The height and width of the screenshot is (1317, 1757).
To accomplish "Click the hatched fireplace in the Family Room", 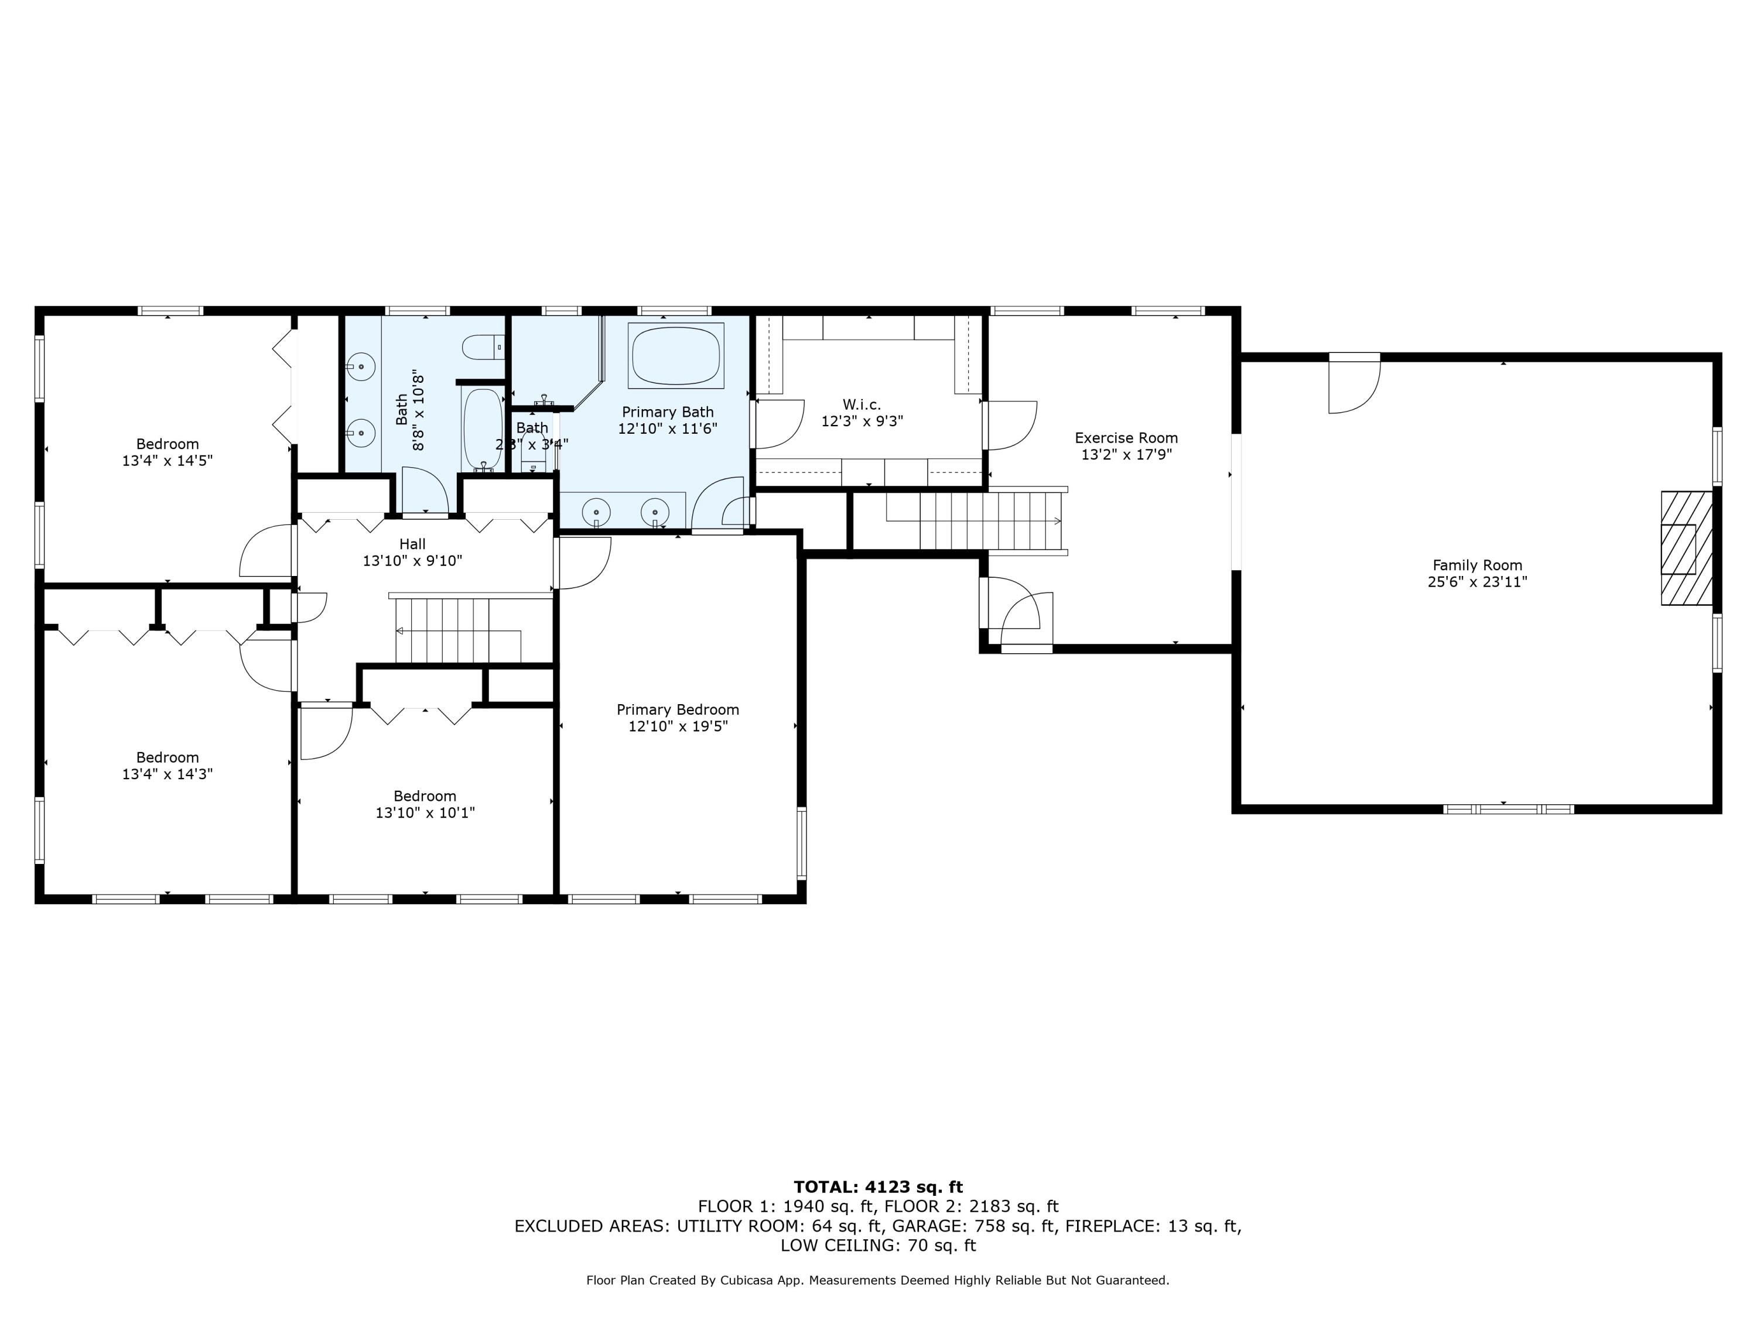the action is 1686,548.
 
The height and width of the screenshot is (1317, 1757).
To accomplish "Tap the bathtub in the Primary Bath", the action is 676,356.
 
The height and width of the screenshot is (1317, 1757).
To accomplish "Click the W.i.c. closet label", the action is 862,405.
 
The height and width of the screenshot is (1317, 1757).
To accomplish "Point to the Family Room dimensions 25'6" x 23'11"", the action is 1478,582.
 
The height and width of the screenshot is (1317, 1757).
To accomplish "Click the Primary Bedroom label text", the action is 678,709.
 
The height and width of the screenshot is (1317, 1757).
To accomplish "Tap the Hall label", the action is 412,544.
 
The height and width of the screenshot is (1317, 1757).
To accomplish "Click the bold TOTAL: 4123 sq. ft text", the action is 878,1187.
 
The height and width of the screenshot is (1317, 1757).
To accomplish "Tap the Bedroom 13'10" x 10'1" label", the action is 425,804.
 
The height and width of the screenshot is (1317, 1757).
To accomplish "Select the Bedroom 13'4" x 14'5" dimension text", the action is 168,461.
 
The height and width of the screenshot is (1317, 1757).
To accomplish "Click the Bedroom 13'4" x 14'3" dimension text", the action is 168,774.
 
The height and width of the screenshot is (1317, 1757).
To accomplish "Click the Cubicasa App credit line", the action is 878,1281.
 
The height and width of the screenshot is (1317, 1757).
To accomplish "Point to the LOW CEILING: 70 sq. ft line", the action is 878,1246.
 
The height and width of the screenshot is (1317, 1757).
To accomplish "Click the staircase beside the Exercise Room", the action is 977,521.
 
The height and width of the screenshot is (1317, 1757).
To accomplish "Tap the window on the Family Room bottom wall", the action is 1508,810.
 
